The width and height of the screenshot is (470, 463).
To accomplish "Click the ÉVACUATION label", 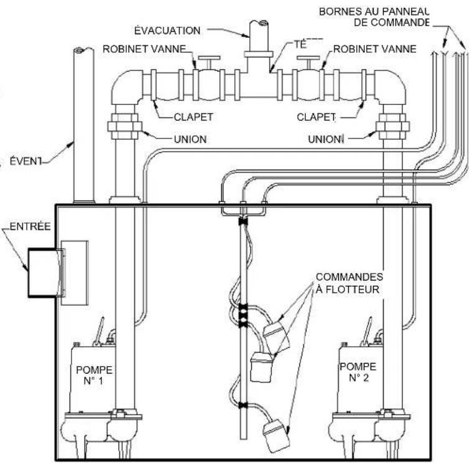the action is tap(167, 30).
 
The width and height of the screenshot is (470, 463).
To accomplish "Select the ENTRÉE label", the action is tap(30, 226).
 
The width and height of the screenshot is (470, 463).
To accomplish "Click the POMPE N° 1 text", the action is tap(94, 375).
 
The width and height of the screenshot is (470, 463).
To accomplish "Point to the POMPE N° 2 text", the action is tap(358, 372).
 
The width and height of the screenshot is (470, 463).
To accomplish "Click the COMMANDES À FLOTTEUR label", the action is tap(349, 283).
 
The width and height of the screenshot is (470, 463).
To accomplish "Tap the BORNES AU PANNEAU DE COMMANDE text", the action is tap(374, 17).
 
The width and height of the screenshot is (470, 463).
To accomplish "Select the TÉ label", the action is tap(300, 44).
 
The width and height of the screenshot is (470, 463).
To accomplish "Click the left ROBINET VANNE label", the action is tap(144, 48).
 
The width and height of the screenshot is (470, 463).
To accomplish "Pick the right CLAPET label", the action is tap(316, 117).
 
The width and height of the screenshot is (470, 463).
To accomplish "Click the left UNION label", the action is tap(190, 139).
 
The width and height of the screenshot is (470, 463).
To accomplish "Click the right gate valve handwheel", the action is tap(308, 58).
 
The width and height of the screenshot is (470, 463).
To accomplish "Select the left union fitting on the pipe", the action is tap(125, 126).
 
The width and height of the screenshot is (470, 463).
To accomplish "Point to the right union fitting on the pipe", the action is tap(393, 126).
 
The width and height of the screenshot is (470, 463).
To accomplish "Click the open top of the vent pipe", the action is tap(83, 50).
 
